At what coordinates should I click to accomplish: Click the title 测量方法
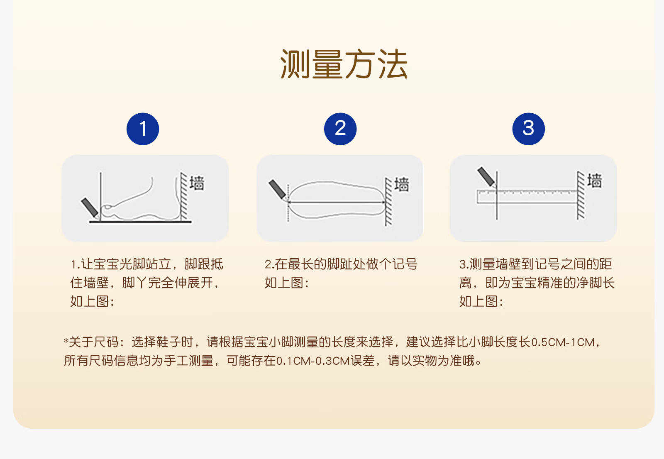(344, 64)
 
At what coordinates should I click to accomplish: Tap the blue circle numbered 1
(143, 129)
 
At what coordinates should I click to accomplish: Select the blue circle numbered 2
(340, 129)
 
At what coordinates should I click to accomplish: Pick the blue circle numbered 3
(529, 129)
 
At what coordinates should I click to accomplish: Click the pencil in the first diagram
(90, 208)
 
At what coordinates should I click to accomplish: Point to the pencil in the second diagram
(278, 189)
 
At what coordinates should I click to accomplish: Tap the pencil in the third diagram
(486, 177)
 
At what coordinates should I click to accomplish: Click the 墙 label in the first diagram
(197, 183)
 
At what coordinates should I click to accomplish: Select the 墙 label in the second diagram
(402, 184)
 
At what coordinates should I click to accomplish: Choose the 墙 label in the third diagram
(595, 181)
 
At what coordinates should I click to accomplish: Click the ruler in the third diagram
(527, 197)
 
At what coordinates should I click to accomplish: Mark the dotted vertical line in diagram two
(288, 203)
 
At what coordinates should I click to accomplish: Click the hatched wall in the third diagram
(581, 196)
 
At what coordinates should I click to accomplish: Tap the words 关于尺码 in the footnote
(94, 342)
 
